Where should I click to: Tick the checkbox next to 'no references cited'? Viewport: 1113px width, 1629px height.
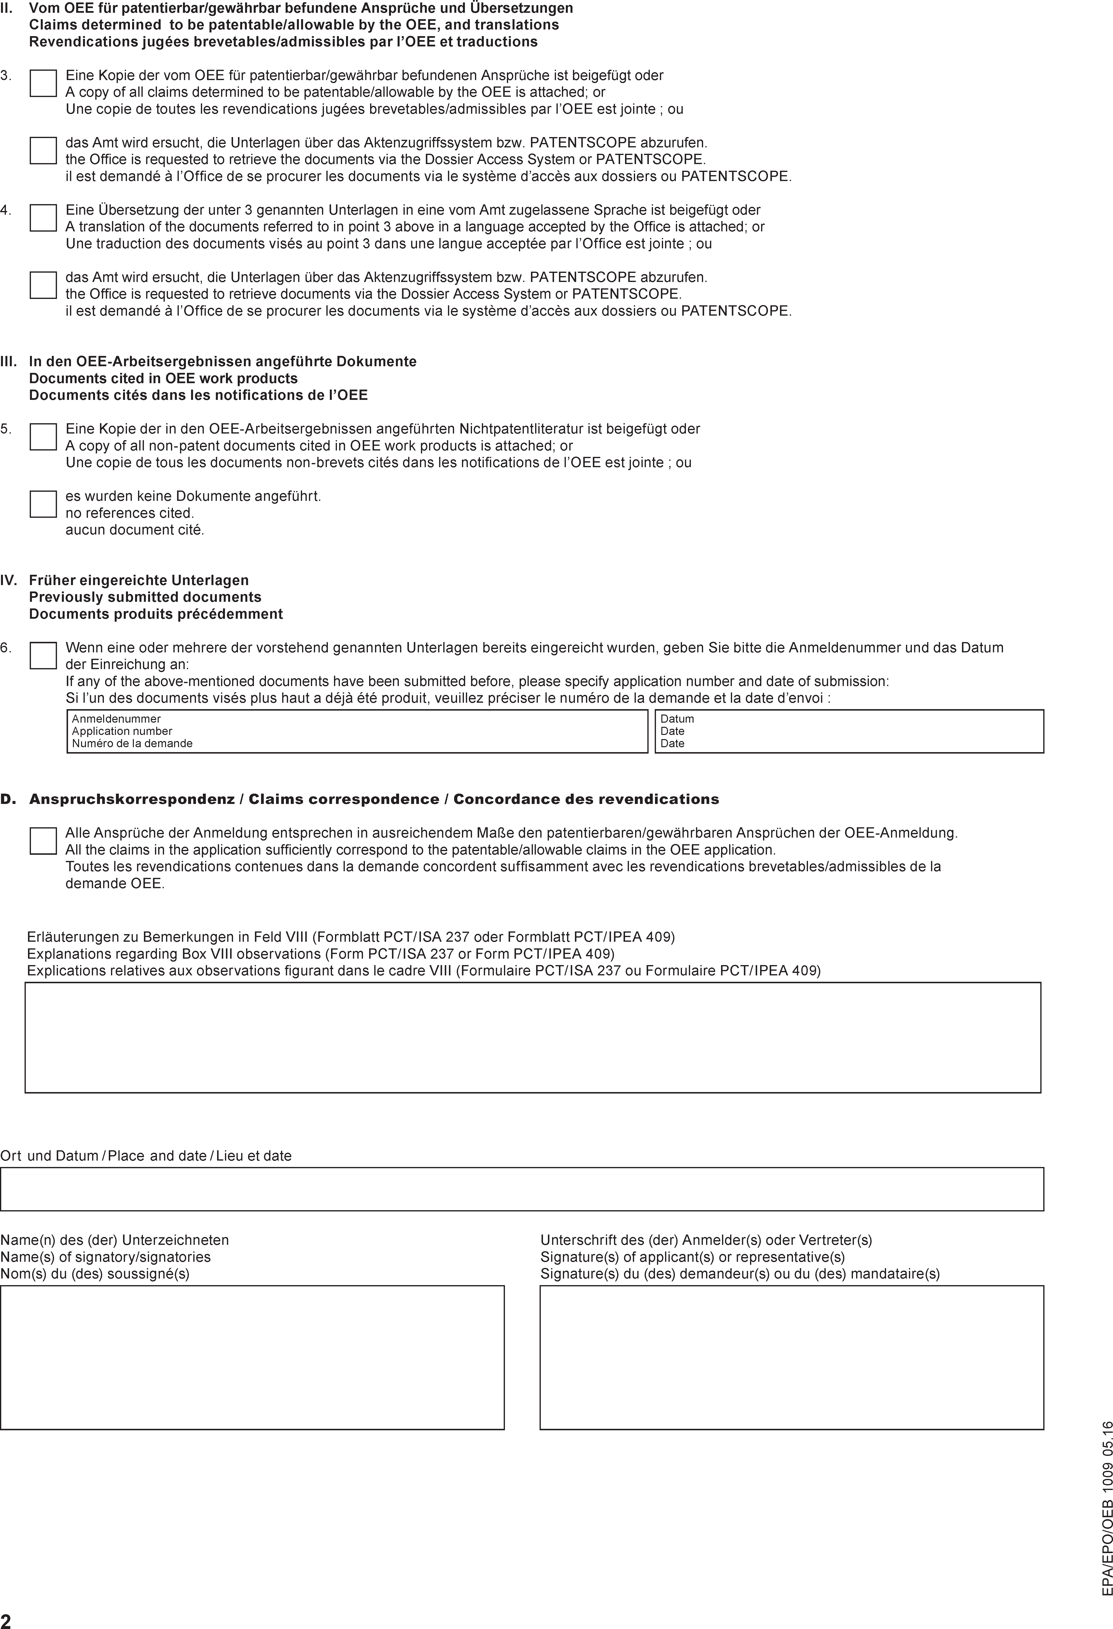(43, 504)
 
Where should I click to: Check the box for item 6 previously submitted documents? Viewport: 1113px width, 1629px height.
(43, 655)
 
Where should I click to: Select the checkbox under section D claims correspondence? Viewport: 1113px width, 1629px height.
(43, 841)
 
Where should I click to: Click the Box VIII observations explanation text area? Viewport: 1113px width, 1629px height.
(533, 1037)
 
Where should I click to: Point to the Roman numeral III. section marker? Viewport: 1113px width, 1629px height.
(8, 362)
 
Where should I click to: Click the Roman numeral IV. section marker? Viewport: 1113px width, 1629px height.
(8, 580)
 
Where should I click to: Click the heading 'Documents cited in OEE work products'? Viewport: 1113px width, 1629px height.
(163, 379)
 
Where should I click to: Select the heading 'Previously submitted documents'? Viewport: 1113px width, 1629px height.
(145, 597)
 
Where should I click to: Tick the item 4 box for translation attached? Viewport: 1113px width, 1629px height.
(43, 218)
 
